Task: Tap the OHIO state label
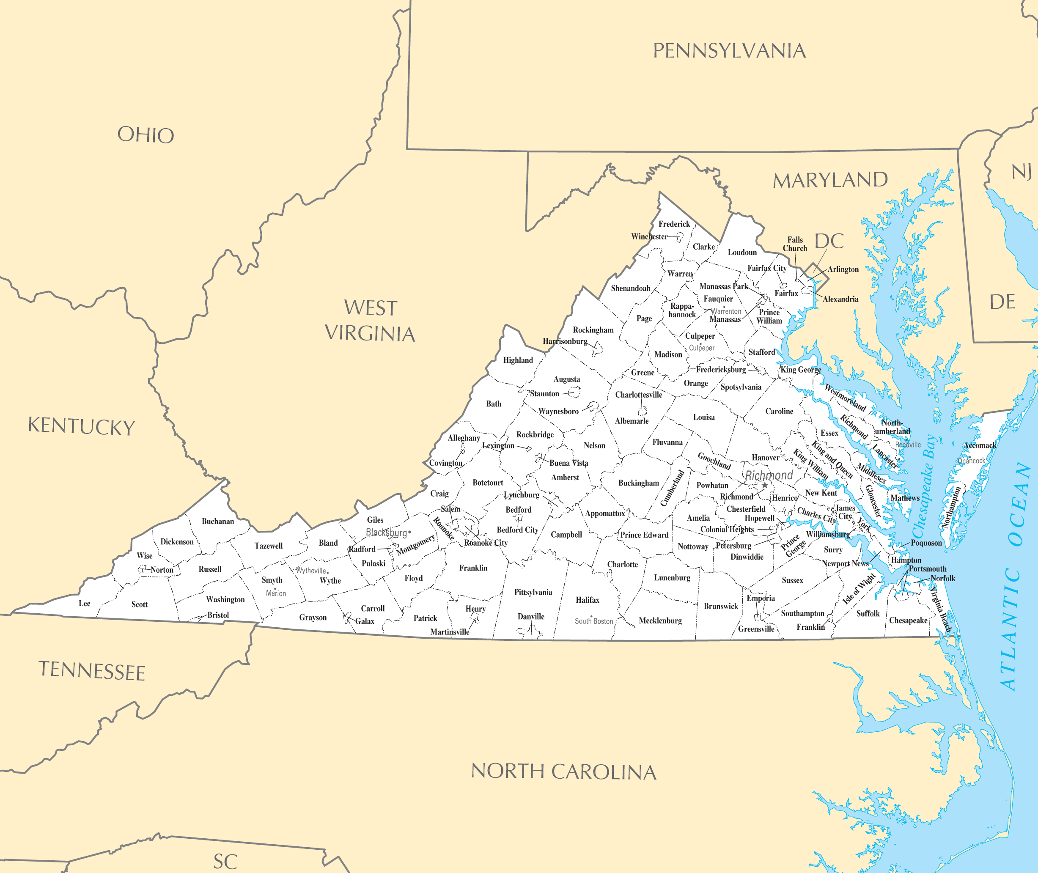point(146,135)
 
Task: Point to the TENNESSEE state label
point(92,671)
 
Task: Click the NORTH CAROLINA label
point(563,771)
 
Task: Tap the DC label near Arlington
point(829,242)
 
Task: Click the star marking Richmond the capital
point(764,486)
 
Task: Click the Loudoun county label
point(742,253)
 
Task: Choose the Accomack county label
point(980,445)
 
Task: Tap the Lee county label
point(85,603)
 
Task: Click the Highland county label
point(518,360)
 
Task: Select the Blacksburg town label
point(386,533)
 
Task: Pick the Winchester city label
point(649,236)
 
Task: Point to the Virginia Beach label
point(940,609)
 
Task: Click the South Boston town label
point(593,621)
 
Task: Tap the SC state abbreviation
point(225,862)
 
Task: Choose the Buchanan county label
point(218,521)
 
